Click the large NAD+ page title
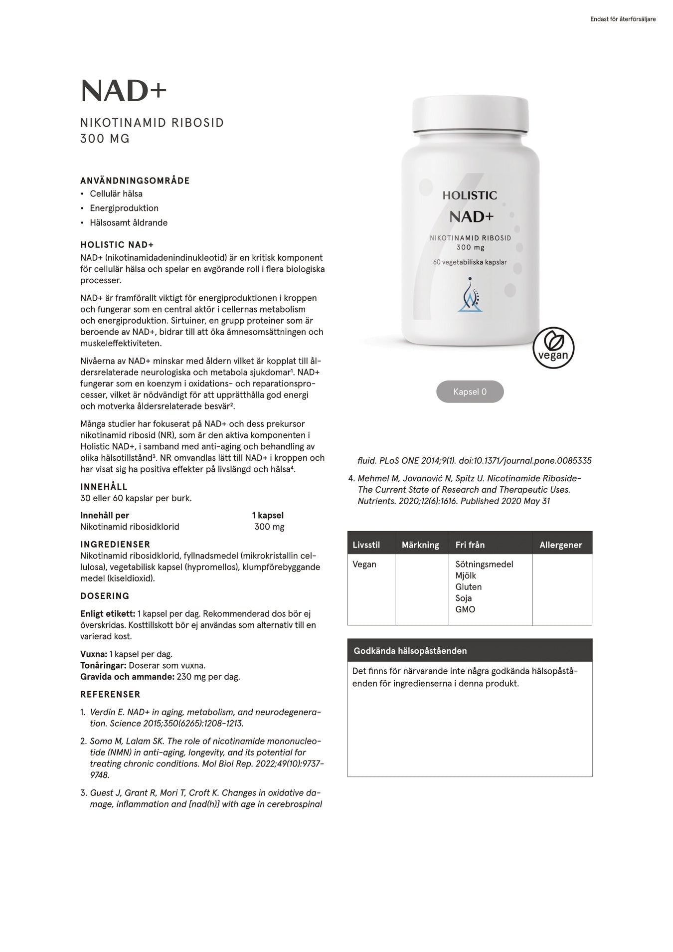pos(123,91)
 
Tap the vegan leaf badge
pos(553,348)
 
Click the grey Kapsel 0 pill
pos(470,392)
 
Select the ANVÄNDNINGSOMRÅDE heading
pos(135,181)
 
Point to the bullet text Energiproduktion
pos(124,208)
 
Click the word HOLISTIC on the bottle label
pos(470,195)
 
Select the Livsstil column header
pos(366,545)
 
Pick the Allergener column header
pos(561,545)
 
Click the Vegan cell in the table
pos(364,564)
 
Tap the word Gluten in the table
pos(468,586)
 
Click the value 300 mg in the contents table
pos(269,527)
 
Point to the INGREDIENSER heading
pos(115,544)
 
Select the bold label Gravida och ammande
pos(127,677)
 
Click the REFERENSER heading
pos(110,694)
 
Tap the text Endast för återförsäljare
pos(623,19)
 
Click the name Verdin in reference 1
pos(102,712)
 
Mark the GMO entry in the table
pos(465,609)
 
